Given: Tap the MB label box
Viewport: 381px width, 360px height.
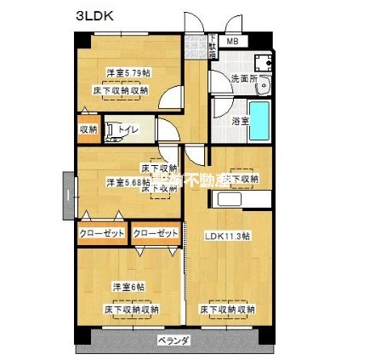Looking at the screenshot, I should pyautogui.click(x=232, y=42).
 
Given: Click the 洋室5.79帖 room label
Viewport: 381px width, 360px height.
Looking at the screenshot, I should pyautogui.click(x=126, y=73).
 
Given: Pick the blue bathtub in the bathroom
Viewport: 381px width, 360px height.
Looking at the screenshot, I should pyautogui.click(x=261, y=120).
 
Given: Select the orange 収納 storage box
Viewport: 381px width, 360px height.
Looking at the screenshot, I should pyautogui.click(x=88, y=129).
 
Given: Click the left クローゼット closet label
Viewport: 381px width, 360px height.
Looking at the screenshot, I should pyautogui.click(x=102, y=233).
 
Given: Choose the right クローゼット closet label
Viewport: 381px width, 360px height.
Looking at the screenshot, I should pyautogui.click(x=155, y=233).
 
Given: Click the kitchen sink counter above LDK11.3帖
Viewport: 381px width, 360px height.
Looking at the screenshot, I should pyautogui.click(x=242, y=200).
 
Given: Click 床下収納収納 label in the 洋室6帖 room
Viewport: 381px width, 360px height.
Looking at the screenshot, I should pyautogui.click(x=132, y=308).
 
